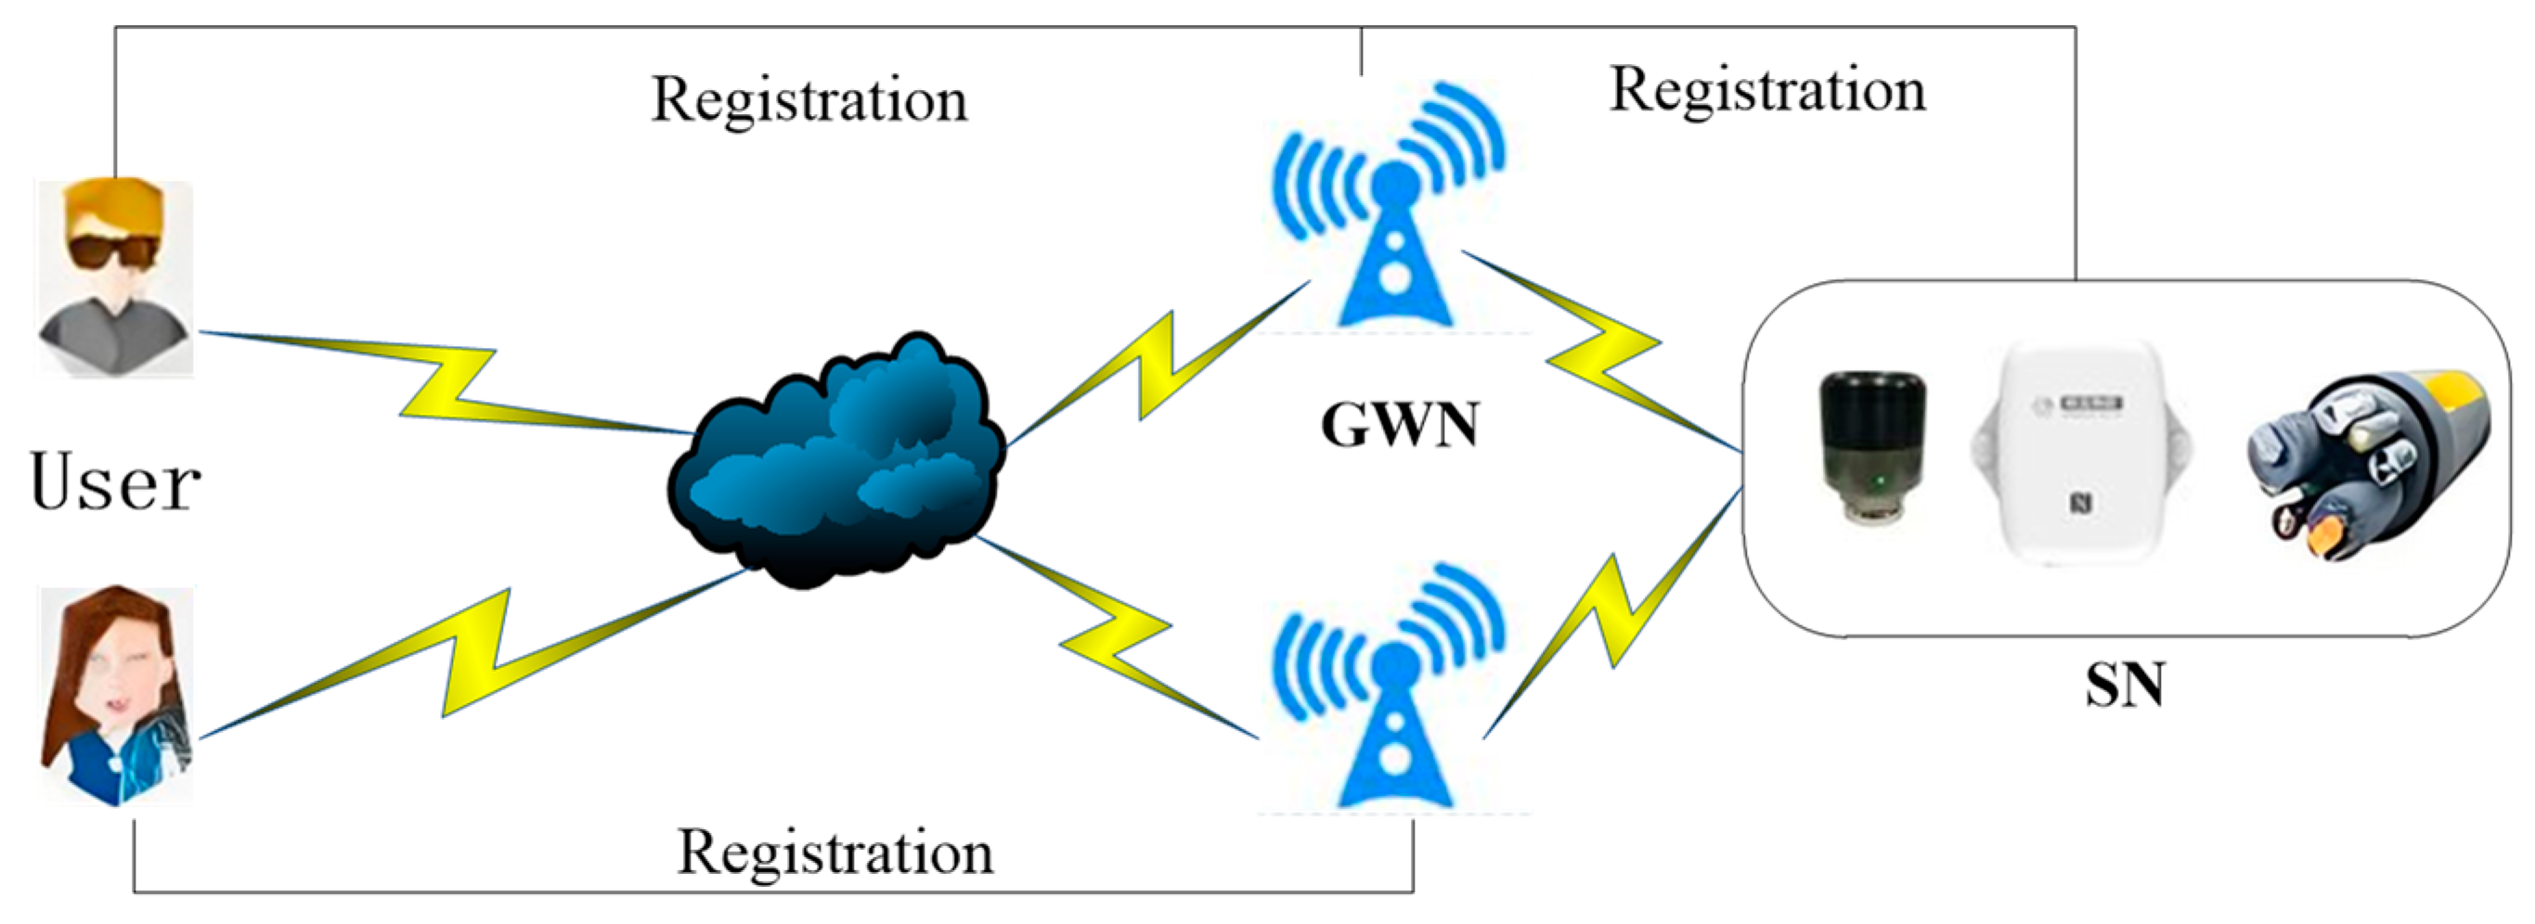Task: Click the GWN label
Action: pos(1400,426)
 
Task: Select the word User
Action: pos(115,482)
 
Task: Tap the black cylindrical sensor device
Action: pos(1869,448)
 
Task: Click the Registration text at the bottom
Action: pos(834,853)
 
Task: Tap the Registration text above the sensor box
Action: pos(1767,91)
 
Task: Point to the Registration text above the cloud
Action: pos(808,100)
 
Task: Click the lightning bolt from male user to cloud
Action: pos(447,384)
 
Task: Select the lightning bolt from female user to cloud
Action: pos(472,654)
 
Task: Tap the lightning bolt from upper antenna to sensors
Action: pos(1604,354)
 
